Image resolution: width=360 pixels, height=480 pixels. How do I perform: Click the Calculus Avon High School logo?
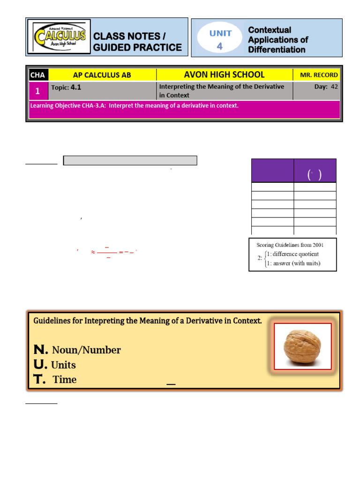click(59, 37)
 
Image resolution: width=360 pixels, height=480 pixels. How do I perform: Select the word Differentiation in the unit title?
click(277, 50)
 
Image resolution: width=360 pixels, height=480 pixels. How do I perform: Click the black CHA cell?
click(38, 75)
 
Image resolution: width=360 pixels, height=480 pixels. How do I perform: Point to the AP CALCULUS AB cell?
click(102, 75)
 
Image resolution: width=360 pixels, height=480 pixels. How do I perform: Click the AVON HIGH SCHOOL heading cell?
click(224, 75)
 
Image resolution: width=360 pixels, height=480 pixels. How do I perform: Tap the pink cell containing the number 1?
click(38, 91)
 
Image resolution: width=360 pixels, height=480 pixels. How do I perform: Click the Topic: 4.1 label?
click(66, 87)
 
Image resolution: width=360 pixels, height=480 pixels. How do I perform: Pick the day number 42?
click(334, 87)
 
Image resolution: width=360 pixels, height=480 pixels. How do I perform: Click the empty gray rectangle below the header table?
click(130, 161)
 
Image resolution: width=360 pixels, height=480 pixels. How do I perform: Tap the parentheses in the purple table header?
click(315, 175)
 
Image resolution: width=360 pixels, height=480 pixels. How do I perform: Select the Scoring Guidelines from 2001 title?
click(290, 245)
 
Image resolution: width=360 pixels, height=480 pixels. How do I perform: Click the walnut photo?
click(302, 346)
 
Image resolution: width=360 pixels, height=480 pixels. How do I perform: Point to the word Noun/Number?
click(86, 350)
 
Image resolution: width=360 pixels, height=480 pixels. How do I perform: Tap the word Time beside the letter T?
click(65, 380)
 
